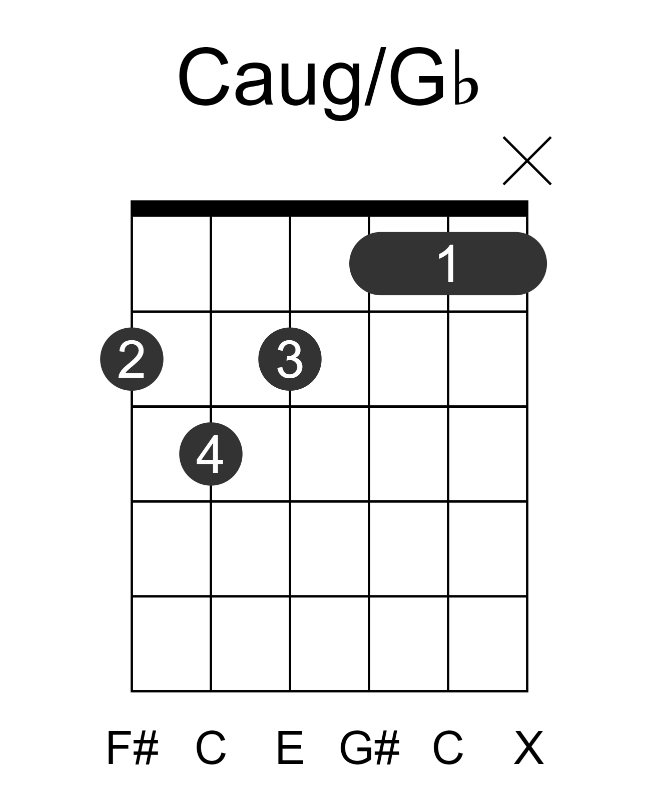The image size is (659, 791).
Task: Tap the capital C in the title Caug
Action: [204, 76]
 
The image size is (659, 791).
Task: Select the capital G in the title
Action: [417, 76]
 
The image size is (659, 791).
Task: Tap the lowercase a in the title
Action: [254, 84]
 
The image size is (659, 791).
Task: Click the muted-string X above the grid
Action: [527, 161]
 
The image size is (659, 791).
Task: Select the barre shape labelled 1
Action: [448, 264]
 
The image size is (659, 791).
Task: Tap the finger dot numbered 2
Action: [132, 359]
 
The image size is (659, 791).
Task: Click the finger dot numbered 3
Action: [290, 359]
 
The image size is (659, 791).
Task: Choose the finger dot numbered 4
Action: [211, 454]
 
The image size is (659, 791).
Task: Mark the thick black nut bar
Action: [329, 208]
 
